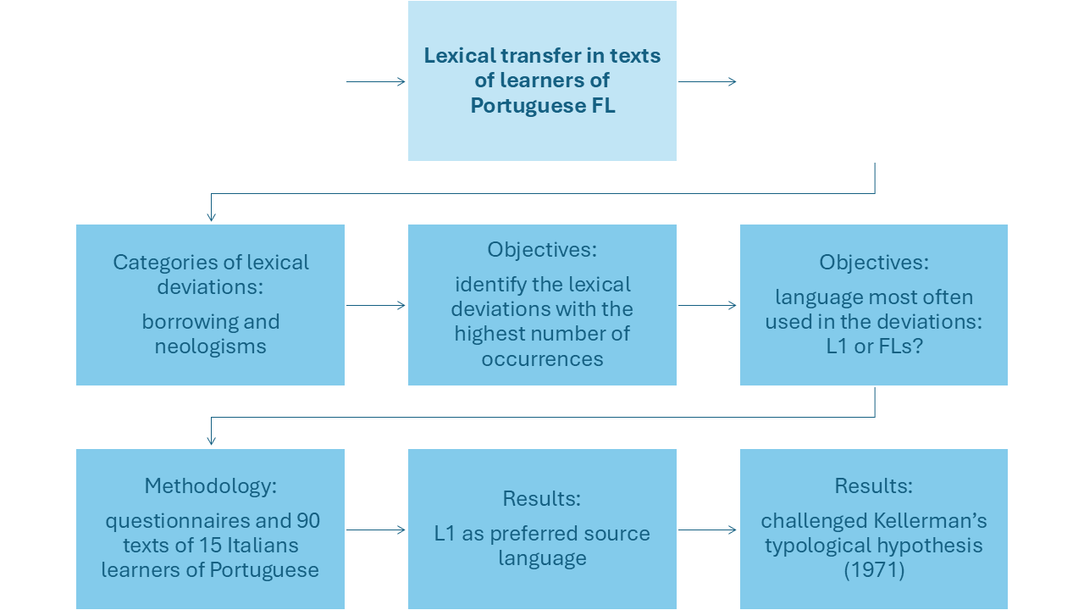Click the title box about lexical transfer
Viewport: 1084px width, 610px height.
click(542, 80)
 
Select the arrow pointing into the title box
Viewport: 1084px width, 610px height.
click(376, 82)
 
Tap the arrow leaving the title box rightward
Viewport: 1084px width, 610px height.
click(707, 82)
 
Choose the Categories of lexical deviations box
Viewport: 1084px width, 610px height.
click(210, 304)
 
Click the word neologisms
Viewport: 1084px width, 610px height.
click(210, 347)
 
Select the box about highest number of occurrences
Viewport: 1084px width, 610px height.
click(542, 304)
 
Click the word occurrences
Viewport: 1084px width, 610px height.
click(542, 358)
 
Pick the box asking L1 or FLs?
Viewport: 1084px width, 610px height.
click(873, 304)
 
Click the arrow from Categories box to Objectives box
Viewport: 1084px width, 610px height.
click(376, 306)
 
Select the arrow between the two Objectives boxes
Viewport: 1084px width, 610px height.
click(707, 306)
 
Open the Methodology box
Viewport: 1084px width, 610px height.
click(210, 529)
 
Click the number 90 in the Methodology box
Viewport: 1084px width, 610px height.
click(308, 520)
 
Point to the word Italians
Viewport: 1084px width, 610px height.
click(255, 545)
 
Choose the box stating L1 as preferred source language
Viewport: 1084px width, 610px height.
click(542, 529)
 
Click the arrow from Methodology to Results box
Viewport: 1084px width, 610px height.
click(376, 530)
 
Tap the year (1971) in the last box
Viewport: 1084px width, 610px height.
click(874, 570)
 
